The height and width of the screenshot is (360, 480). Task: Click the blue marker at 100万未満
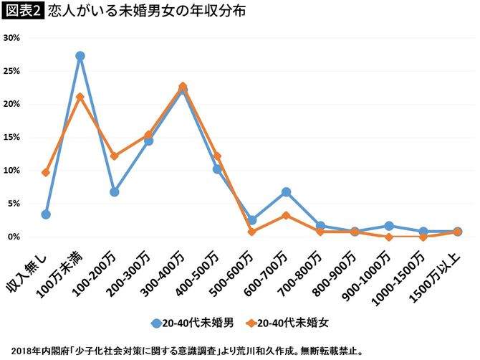pyautogui.click(x=80, y=56)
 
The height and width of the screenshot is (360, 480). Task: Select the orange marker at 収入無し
pyautogui.click(x=46, y=172)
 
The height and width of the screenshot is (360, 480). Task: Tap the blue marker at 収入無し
pyautogui.click(x=46, y=214)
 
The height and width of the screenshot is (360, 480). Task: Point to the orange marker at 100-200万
pyautogui.click(x=115, y=156)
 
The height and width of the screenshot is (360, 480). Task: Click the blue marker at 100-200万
pyautogui.click(x=115, y=192)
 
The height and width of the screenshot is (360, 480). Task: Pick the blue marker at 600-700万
pyautogui.click(x=286, y=192)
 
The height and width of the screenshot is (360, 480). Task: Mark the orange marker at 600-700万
pyautogui.click(x=286, y=215)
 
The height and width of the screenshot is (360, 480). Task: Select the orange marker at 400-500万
pyautogui.click(x=217, y=156)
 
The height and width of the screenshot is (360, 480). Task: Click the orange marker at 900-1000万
pyautogui.click(x=389, y=237)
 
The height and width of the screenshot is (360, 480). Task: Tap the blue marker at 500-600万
pyautogui.click(x=251, y=220)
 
